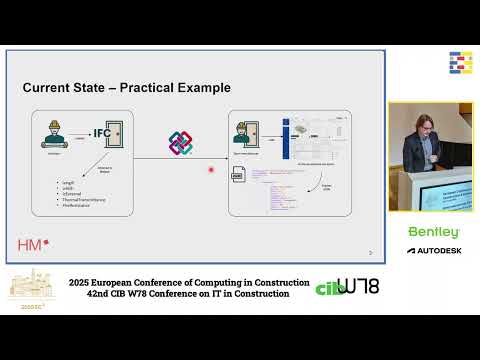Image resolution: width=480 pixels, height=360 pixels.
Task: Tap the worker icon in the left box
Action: pos(53,134)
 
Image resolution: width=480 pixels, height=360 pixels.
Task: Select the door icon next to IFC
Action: pos(118,132)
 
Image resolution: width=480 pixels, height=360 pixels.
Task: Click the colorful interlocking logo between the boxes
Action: pos(180,143)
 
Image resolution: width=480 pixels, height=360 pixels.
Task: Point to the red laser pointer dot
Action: pos(211,169)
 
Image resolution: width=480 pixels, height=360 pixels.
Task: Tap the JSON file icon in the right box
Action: pos(238,176)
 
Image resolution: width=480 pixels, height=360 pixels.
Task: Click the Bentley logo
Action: pos(432,231)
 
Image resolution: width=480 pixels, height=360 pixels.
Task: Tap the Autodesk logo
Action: pos(433,249)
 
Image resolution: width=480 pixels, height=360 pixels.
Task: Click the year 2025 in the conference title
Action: pos(82,283)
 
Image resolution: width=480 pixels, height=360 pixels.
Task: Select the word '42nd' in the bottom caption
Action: pos(82,294)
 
